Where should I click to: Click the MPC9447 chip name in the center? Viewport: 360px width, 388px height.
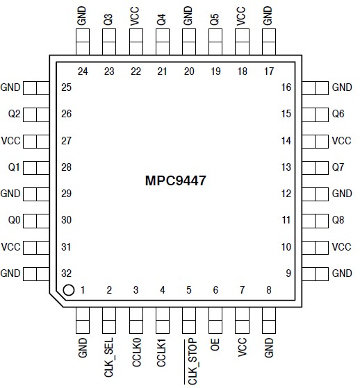pyautogui.click(x=177, y=180)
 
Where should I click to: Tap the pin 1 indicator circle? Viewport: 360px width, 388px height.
pyautogui.click(x=68, y=290)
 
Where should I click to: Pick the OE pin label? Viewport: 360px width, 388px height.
pyautogui.click(x=215, y=343)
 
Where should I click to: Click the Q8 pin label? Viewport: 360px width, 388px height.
pyautogui.click(x=338, y=220)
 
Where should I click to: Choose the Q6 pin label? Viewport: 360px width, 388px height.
pyautogui.click(x=338, y=114)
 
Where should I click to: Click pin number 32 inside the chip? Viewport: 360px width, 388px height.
pyautogui.click(x=67, y=273)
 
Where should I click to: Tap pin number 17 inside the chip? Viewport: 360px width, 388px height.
pyautogui.click(x=268, y=70)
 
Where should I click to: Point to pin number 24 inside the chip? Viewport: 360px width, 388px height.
pyautogui.click(x=83, y=70)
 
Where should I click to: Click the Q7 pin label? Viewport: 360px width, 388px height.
pyautogui.click(x=338, y=167)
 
